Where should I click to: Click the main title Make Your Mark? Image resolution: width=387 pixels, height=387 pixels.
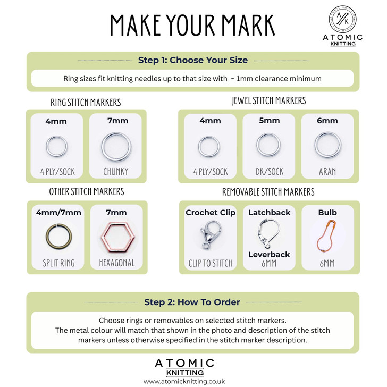[192, 25]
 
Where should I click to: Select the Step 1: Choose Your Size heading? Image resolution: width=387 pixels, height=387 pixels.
[192, 60]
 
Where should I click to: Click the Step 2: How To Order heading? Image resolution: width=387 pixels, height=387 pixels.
[192, 302]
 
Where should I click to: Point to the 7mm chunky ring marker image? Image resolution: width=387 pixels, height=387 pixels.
[116, 146]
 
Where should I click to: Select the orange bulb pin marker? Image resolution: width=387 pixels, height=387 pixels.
[327, 234]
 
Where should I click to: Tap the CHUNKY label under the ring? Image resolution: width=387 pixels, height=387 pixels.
[116, 172]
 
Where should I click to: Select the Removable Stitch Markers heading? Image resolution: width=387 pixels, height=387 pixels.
[268, 192]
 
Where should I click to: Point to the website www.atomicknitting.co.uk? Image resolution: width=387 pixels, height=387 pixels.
[184, 381]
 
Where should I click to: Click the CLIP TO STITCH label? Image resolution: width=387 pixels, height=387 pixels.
[210, 263]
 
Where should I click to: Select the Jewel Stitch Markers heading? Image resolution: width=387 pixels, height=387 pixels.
[268, 101]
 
